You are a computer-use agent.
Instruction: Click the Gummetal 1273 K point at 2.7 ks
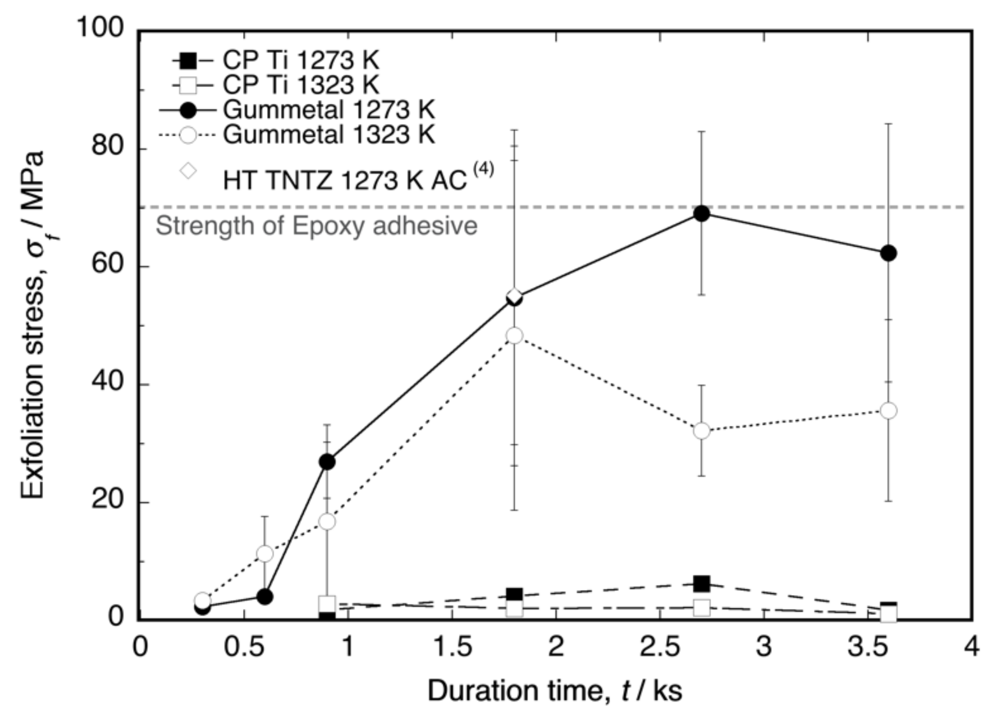click(x=701, y=213)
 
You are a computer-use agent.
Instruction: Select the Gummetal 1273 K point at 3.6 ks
click(x=888, y=253)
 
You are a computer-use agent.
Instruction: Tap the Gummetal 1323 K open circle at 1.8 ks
click(x=514, y=336)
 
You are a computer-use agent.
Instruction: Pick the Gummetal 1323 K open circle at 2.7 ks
click(x=701, y=431)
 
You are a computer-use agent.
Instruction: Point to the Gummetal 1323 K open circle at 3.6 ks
click(x=888, y=411)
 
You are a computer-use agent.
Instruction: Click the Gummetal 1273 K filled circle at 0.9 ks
click(x=327, y=462)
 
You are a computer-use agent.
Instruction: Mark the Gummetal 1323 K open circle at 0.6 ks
click(x=265, y=553)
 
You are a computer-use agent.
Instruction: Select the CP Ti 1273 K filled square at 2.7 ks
click(x=701, y=584)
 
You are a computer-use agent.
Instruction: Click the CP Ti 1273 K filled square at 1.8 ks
click(x=514, y=595)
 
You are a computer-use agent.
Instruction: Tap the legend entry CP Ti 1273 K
click(x=300, y=60)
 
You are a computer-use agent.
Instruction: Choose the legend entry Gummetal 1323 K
click(x=328, y=135)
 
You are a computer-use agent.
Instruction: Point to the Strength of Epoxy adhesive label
click(x=316, y=226)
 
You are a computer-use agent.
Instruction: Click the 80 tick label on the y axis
click(x=108, y=146)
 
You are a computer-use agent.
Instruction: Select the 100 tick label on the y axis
click(x=101, y=28)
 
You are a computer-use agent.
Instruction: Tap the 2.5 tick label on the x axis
click(x=660, y=646)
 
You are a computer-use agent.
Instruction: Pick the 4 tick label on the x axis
click(x=971, y=646)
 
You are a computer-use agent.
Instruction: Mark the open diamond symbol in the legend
click(x=189, y=171)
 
